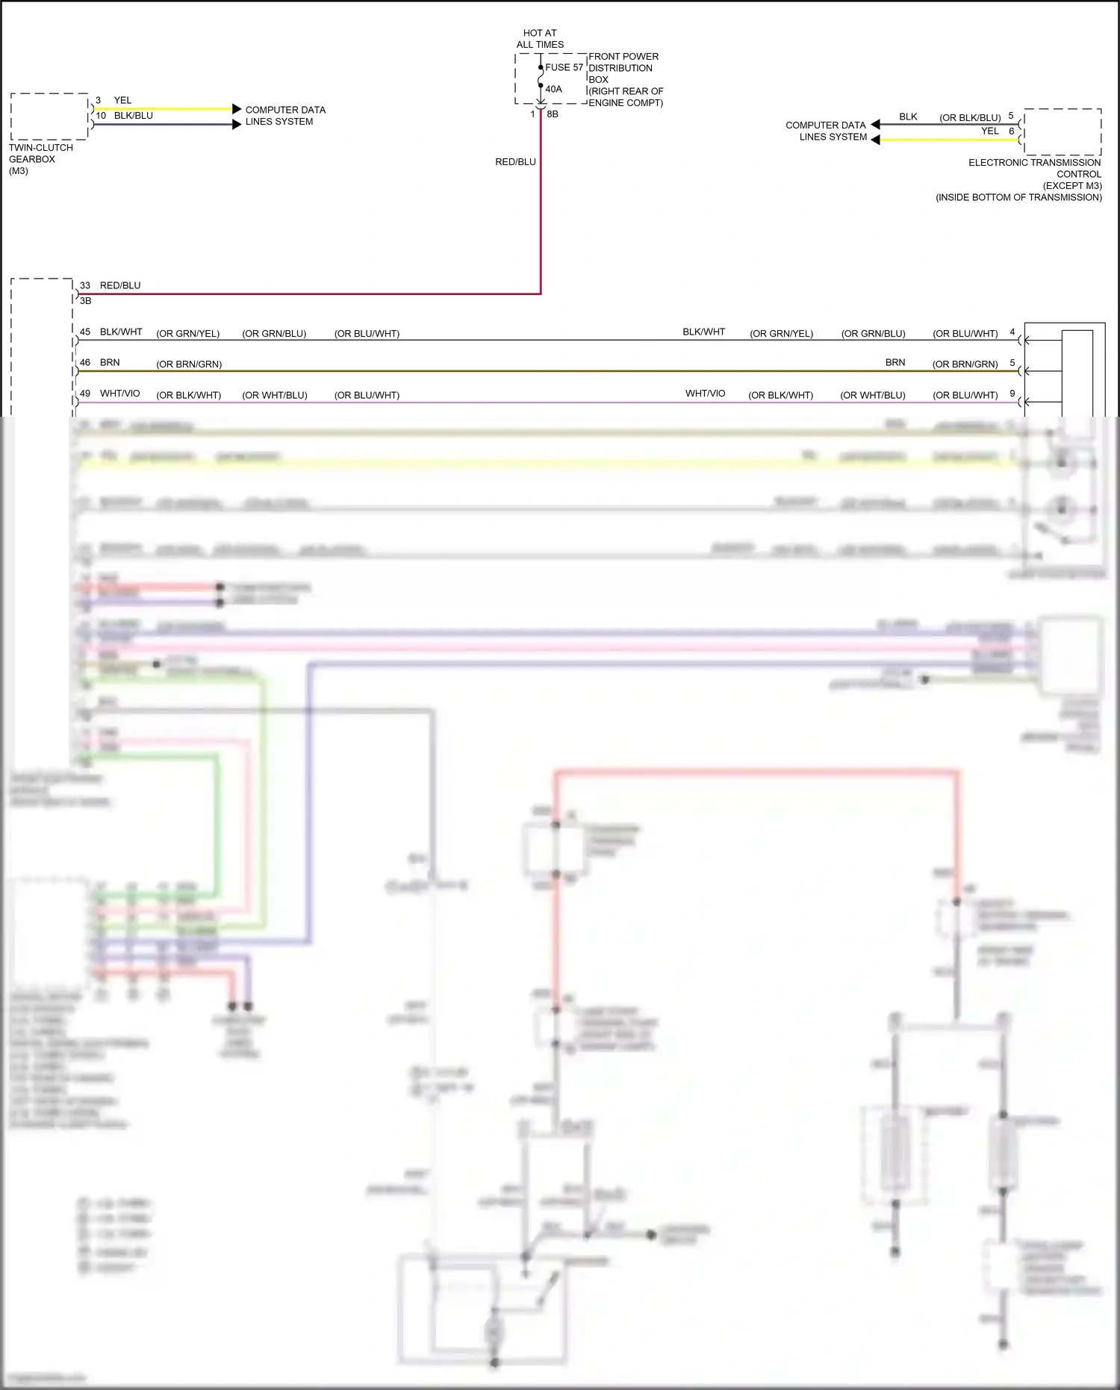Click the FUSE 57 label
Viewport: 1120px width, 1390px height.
[564, 67]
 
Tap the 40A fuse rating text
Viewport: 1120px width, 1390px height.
[553, 89]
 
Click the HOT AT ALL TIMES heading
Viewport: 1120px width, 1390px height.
[540, 39]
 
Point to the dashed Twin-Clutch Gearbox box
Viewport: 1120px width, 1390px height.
[49, 117]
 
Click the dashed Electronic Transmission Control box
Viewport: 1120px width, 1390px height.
[1063, 132]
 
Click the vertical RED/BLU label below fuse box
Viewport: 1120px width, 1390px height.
[515, 162]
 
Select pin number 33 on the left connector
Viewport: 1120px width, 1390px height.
[85, 285]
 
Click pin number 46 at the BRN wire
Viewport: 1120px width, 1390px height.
[85, 362]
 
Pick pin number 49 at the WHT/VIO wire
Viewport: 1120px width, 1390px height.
[85, 394]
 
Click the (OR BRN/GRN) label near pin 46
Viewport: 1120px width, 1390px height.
[189, 364]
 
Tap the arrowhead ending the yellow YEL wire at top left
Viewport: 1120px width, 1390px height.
[237, 109]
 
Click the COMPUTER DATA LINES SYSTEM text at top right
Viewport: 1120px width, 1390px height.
[827, 131]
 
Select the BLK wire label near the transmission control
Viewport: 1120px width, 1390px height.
[908, 117]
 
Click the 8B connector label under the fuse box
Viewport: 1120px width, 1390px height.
[553, 114]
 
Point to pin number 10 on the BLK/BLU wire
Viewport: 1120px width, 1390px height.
[101, 116]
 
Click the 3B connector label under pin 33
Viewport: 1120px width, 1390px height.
[86, 300]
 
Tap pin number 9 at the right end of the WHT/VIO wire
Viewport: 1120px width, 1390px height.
[1012, 394]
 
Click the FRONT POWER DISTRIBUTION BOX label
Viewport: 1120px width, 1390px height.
[623, 68]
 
